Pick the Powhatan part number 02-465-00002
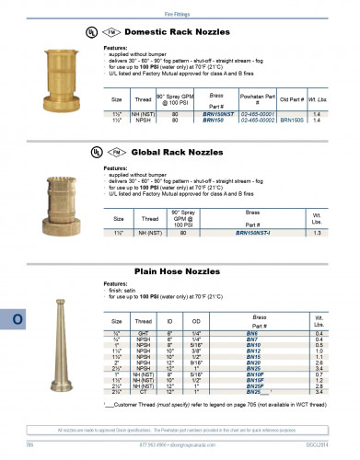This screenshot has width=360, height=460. (x=258, y=121)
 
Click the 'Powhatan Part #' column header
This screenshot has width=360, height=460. (x=258, y=98)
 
